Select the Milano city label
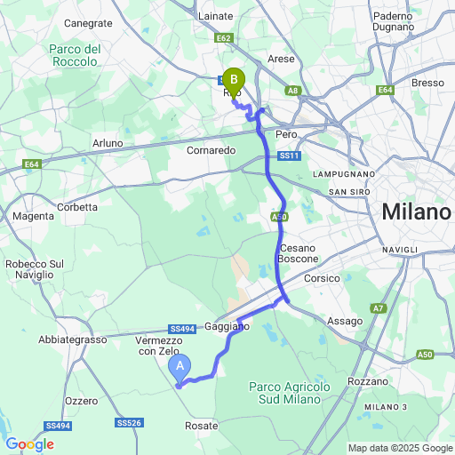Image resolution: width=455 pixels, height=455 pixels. coord(416,213)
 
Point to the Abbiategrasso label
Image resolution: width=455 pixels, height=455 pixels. coord(72,339)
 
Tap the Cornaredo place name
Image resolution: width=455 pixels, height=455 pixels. coord(212,150)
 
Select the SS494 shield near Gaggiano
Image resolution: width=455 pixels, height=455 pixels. coord(181,328)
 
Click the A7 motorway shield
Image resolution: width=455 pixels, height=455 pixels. coord(379,307)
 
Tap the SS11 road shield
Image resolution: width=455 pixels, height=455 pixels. coord(287,156)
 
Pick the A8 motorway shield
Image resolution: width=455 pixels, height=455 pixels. coord(293,91)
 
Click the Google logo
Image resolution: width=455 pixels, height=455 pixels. coord(29,444)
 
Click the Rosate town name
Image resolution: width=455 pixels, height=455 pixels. coord(202,426)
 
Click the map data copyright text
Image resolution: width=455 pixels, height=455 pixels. coord(400,448)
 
